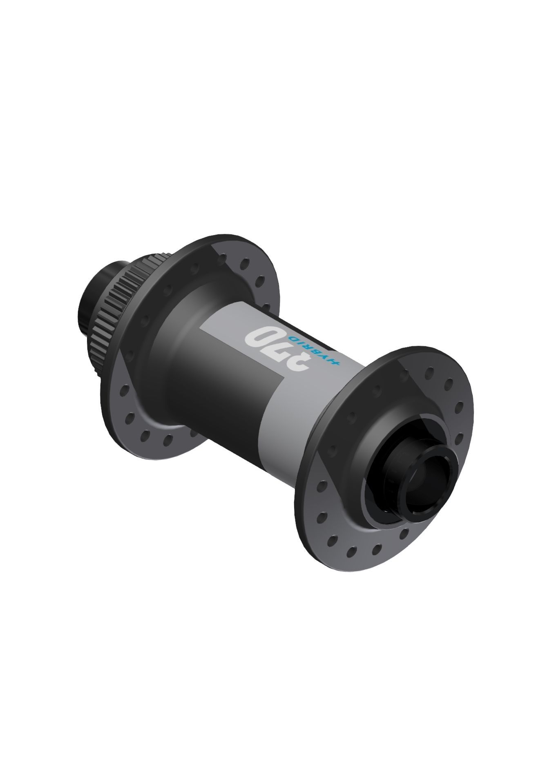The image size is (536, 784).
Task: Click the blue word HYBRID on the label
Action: [315, 349]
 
